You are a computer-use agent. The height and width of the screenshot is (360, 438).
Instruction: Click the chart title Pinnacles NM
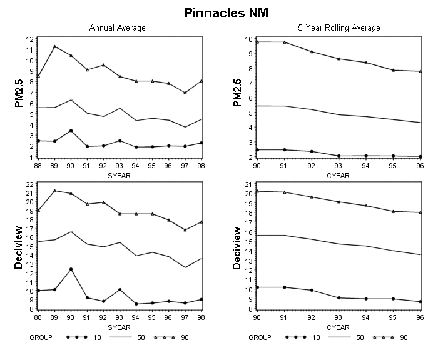227,13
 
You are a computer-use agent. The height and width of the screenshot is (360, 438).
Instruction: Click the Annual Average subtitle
118,28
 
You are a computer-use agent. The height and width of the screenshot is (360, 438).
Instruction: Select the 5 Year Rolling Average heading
339,28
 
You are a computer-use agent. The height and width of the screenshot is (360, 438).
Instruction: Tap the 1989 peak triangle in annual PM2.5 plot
55,47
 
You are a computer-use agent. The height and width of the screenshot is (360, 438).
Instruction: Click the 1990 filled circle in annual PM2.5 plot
71,131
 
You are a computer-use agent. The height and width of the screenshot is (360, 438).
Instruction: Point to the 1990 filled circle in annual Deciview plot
71,269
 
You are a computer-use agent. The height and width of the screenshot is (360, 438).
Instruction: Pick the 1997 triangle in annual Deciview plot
185,230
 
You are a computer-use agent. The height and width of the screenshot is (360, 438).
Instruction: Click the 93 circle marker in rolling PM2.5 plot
339,156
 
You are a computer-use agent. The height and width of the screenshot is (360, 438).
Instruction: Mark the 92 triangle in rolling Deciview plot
312,197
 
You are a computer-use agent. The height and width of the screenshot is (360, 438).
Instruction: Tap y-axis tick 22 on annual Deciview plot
29,184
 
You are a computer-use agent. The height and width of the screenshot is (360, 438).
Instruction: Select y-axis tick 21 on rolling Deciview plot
248,184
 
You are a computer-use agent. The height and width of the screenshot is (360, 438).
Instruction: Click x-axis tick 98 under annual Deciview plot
201,317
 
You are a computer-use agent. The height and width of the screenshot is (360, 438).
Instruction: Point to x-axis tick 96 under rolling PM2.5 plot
420,166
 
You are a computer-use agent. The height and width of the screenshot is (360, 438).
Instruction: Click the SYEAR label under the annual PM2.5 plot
119,176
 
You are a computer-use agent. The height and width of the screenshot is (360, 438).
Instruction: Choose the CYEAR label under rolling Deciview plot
338,327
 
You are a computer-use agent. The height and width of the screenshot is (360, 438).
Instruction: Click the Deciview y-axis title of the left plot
18,248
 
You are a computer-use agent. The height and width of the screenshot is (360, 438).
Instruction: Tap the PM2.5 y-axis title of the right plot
237,92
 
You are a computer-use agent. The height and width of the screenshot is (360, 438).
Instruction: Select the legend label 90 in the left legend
185,337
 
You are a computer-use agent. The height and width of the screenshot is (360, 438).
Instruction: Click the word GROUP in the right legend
260,337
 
